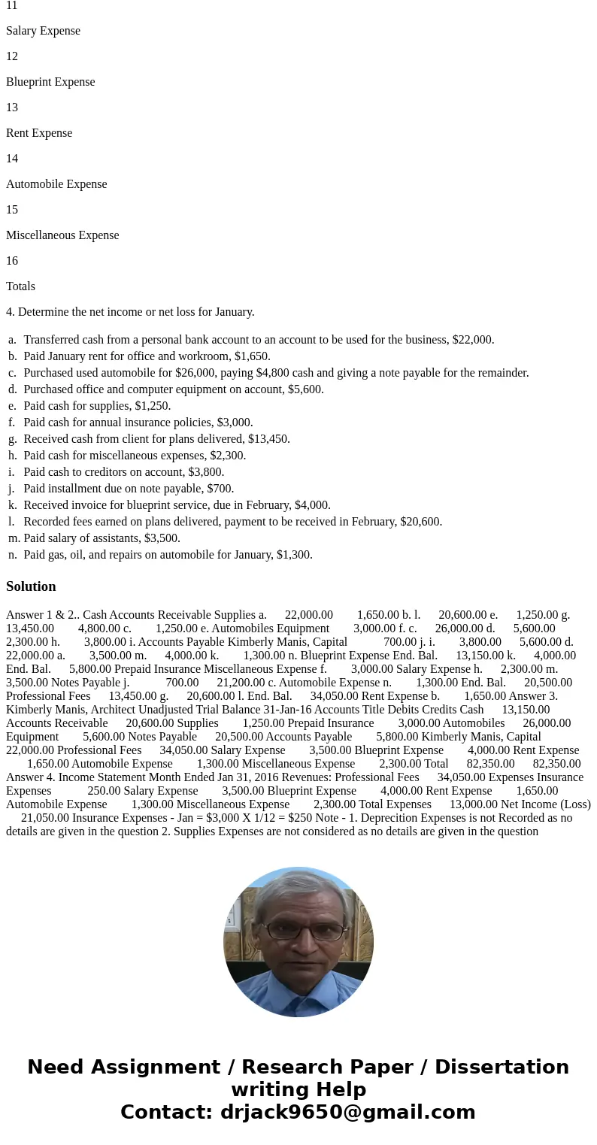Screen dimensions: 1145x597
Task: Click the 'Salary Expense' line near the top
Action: click(43, 31)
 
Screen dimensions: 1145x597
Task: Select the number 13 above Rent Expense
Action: click(12, 108)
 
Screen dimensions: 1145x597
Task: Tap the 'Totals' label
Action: click(20, 286)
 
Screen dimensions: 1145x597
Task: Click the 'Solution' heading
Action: click(31, 586)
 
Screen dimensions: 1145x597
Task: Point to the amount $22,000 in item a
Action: click(471, 340)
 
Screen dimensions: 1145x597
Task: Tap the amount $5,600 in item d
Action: click(305, 389)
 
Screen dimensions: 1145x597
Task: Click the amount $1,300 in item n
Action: click(293, 555)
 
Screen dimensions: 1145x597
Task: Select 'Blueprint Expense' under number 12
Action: click(50, 82)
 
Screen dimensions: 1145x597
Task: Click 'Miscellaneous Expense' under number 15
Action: click(62, 235)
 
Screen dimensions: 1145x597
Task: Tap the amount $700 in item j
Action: click(219, 489)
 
